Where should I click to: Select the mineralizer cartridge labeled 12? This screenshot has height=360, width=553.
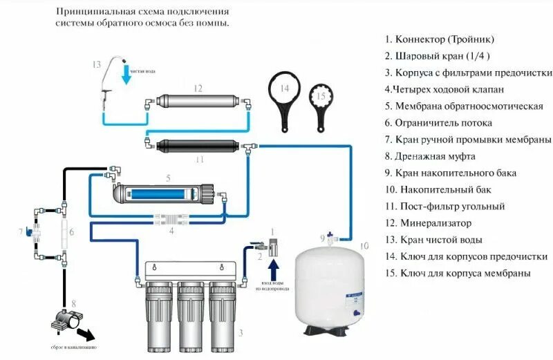coord(197,102)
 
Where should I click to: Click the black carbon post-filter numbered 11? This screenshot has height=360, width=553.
coord(197,146)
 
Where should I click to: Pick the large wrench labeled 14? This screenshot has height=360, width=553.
coord(285,97)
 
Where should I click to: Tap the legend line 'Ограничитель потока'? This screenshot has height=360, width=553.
coord(443,123)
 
